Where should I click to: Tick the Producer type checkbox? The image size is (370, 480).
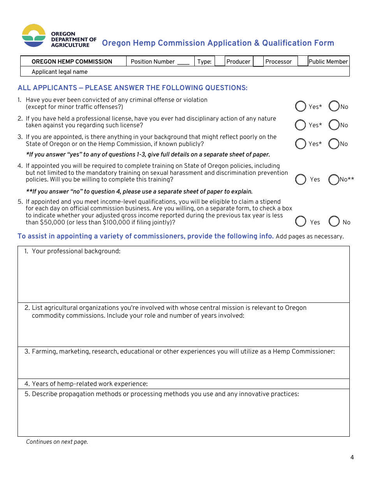[x=220, y=61]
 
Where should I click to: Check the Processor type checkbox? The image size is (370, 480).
[x=258, y=62]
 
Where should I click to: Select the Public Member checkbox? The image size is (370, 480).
[x=303, y=61]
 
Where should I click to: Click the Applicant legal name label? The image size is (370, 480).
[x=60, y=72]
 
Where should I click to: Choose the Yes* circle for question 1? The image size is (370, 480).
[x=300, y=106]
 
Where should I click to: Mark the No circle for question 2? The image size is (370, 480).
[x=334, y=125]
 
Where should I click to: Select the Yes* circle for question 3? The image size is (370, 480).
[x=300, y=144]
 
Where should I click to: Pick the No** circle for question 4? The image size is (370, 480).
[x=334, y=180]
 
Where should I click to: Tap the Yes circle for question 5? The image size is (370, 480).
[x=300, y=222]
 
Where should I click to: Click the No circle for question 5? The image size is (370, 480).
[x=334, y=222]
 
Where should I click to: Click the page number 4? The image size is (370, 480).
[x=352, y=457]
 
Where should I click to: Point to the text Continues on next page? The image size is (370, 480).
[x=57, y=442]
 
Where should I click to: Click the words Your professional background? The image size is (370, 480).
[x=76, y=251]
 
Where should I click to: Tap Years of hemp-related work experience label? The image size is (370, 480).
[x=90, y=384]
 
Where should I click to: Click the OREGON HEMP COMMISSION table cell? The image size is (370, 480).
[x=72, y=62]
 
